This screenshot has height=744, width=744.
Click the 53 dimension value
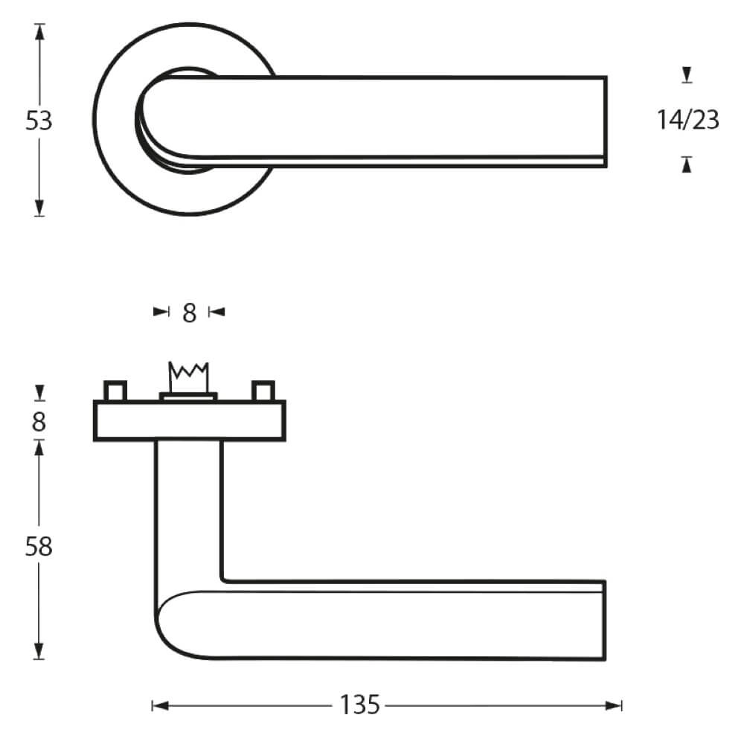tap(39, 121)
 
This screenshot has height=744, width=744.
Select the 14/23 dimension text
tap(688, 120)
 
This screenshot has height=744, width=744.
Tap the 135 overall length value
tap(360, 705)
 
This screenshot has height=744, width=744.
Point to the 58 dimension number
tap(39, 547)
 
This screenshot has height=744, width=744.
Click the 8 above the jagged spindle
tap(189, 313)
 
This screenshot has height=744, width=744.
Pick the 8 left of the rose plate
tap(39, 422)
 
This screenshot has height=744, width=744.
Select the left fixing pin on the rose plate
tap(115, 391)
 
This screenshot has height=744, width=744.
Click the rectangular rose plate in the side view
tap(189, 421)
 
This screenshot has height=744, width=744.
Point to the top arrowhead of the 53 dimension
tap(39, 32)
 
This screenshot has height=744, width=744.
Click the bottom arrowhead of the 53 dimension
tap(39, 208)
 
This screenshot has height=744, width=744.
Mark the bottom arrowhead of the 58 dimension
tap(39, 652)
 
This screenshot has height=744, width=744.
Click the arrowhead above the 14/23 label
tap(687, 74)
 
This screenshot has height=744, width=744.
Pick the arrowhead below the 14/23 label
tap(687, 165)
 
